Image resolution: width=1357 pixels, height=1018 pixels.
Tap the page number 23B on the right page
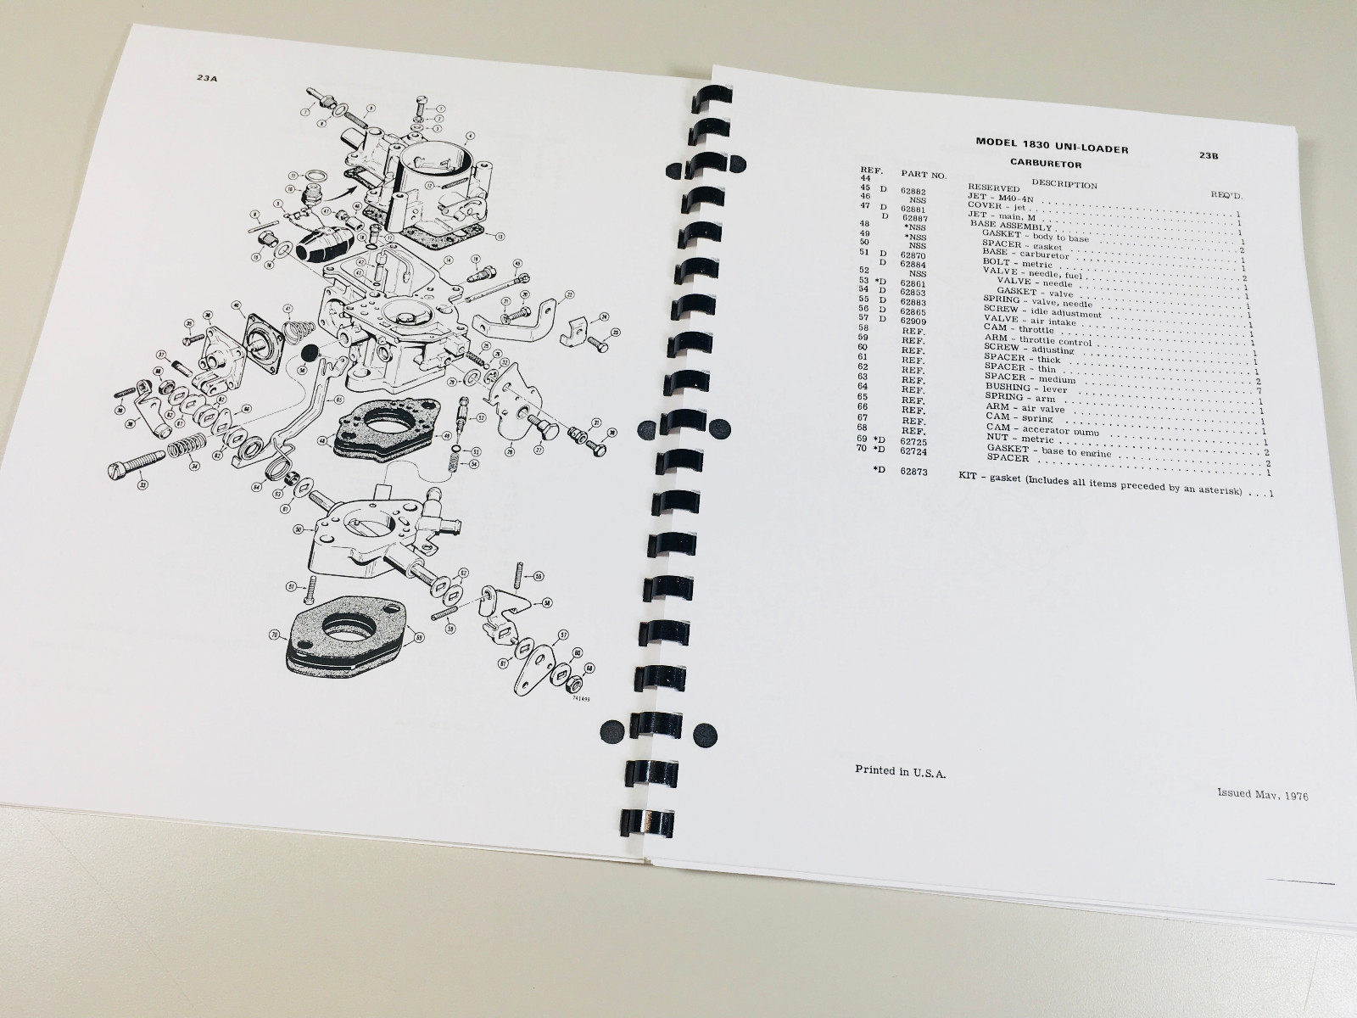pyautogui.click(x=1209, y=155)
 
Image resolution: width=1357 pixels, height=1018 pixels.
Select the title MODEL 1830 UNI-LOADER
pyautogui.click(x=1052, y=145)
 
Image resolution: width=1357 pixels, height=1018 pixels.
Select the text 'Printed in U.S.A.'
pyautogui.click(x=901, y=770)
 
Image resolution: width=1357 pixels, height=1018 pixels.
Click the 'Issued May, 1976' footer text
pyautogui.click(x=1262, y=795)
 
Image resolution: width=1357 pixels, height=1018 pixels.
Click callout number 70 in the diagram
pyautogui.click(x=274, y=634)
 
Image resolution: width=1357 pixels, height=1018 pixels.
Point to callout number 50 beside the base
pyautogui.click(x=298, y=529)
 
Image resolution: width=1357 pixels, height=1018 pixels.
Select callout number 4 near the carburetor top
pyautogui.click(x=469, y=135)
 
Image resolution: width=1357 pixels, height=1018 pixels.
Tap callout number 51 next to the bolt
pyautogui.click(x=291, y=585)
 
